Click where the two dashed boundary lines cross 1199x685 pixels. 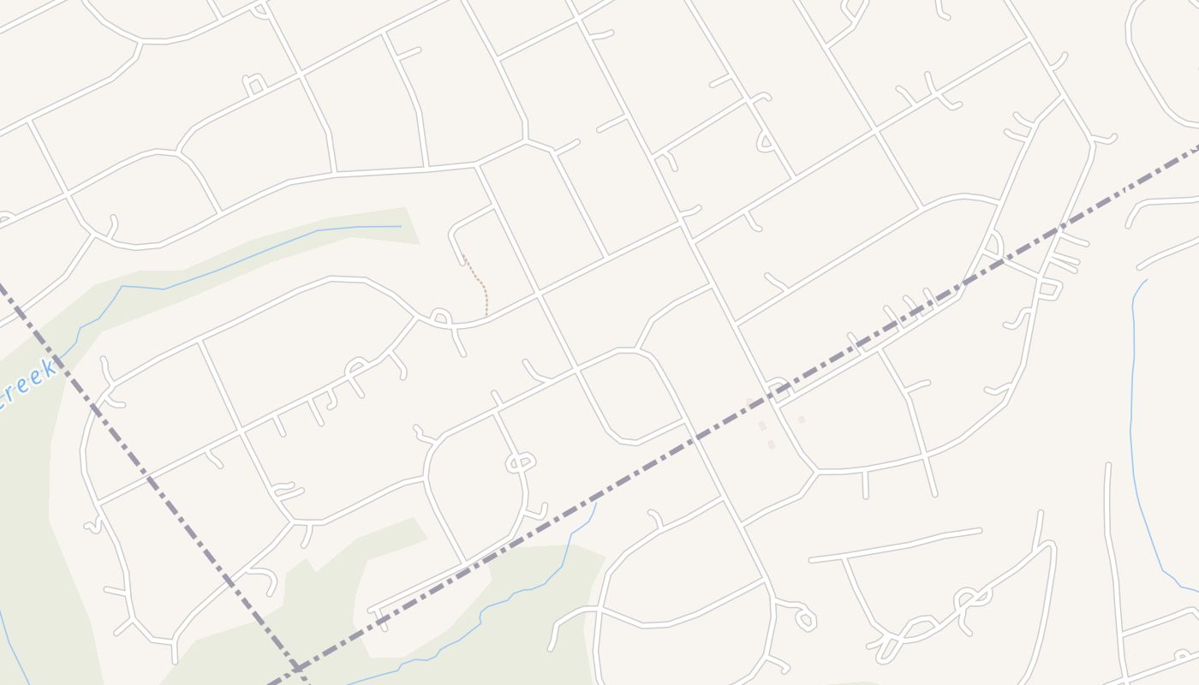point(296,667)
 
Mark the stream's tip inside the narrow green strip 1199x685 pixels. point(400,226)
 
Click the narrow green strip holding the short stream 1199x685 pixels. point(257,248)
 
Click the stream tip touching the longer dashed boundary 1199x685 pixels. point(596,503)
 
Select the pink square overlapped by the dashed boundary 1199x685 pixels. point(750,402)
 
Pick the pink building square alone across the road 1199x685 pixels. point(802,420)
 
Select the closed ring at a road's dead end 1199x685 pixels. point(806,618)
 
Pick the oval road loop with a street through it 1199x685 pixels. point(520,462)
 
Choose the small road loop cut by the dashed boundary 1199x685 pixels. point(778,387)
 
